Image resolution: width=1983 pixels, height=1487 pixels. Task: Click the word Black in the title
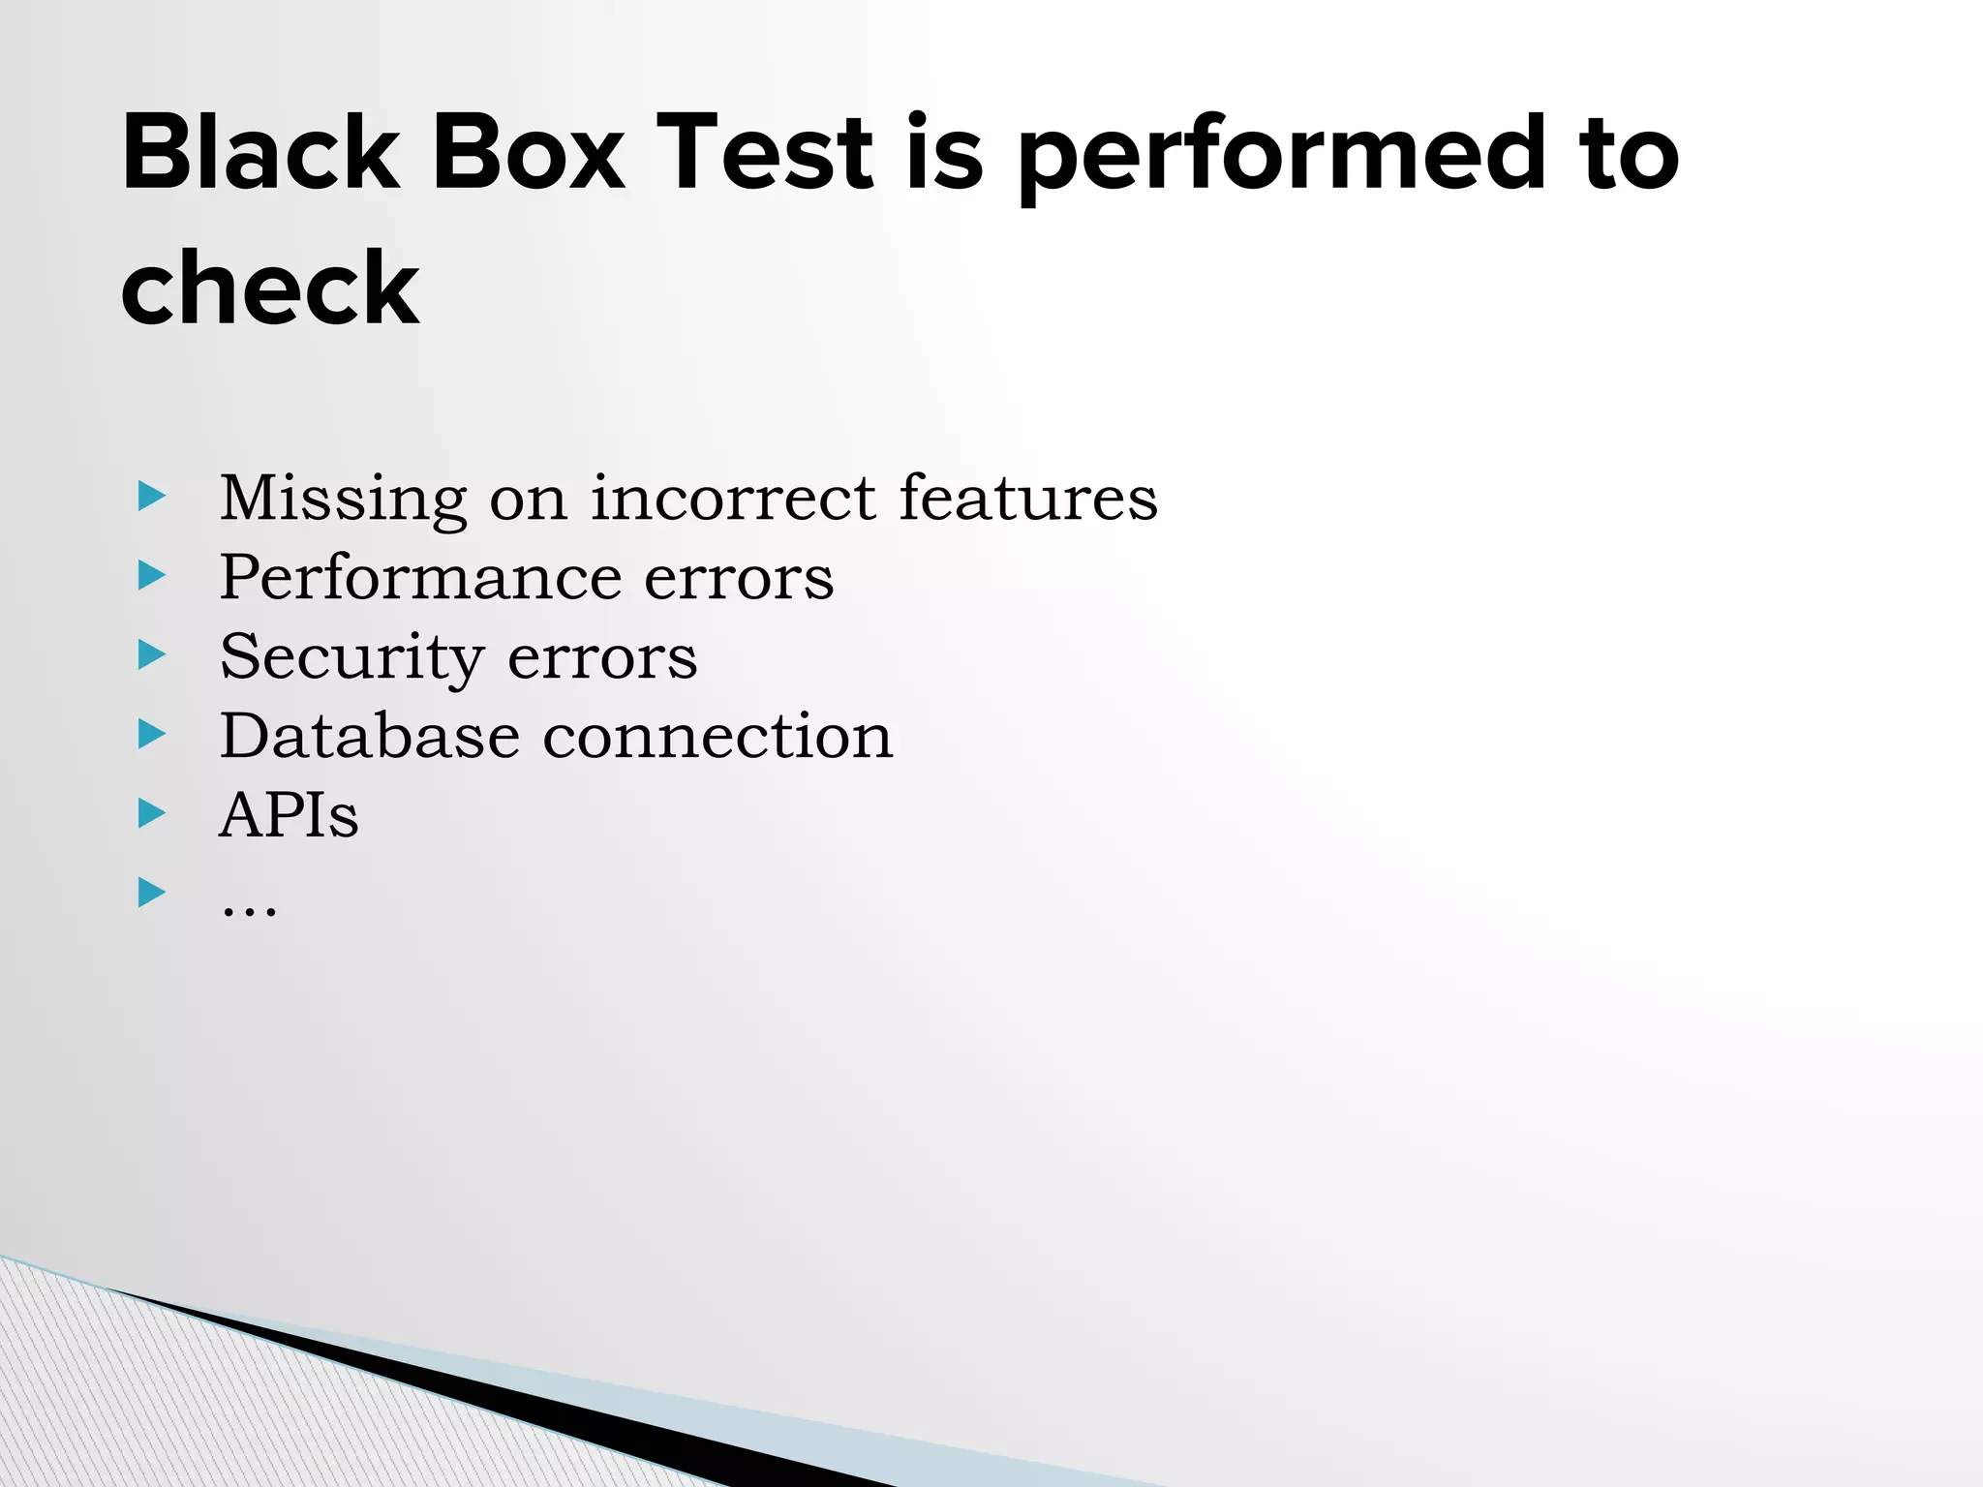click(259, 153)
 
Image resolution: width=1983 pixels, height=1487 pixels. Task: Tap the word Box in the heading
click(528, 153)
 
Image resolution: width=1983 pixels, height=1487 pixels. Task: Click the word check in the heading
click(270, 288)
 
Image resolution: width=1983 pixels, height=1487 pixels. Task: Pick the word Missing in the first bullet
click(343, 500)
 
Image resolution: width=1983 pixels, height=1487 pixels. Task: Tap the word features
click(1027, 498)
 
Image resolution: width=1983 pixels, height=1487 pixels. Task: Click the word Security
click(351, 658)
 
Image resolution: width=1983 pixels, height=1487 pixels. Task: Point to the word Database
click(369, 737)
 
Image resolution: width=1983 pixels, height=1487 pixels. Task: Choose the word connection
click(717, 737)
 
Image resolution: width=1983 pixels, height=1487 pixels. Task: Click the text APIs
click(289, 815)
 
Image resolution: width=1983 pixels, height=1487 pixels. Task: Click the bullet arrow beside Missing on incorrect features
click(152, 498)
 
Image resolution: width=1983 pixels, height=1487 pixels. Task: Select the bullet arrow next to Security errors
click(152, 655)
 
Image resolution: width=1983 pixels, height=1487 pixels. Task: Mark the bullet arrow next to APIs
click(152, 813)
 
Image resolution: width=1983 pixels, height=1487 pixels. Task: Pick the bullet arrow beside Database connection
click(152, 735)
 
